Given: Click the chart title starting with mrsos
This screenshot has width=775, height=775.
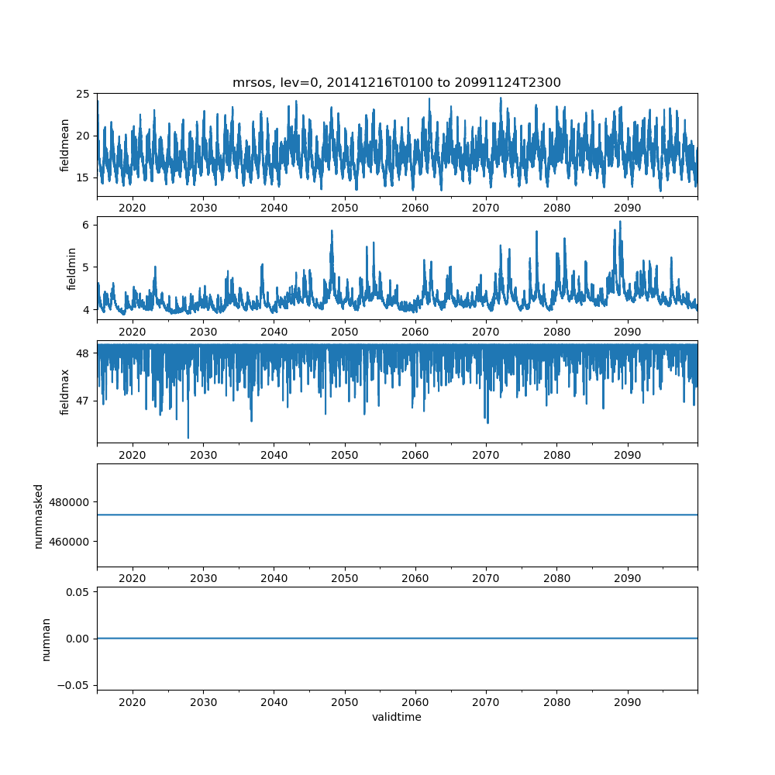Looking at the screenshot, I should pyautogui.click(x=396, y=82).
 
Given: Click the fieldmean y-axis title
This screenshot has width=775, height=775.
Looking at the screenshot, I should pyautogui.click(x=65, y=145).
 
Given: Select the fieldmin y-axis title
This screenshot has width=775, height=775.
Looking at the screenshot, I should pyautogui.click(x=71, y=268).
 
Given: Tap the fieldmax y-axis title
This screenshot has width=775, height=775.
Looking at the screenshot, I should pyautogui.click(x=65, y=391).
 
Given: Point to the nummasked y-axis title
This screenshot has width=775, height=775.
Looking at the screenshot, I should pyautogui.click(x=38, y=515).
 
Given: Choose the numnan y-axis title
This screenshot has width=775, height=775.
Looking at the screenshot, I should pyautogui.click(x=46, y=639).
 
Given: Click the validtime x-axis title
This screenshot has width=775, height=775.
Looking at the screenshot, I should pyautogui.click(x=396, y=717).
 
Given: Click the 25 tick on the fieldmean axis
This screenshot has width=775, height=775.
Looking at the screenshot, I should pyautogui.click(x=82, y=94).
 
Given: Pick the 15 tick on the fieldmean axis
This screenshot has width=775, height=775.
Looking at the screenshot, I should pyautogui.click(x=82, y=177).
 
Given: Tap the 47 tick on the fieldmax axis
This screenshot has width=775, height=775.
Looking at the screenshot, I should pyautogui.click(x=82, y=401).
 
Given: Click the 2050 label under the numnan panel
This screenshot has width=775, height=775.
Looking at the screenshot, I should pyautogui.click(x=345, y=702).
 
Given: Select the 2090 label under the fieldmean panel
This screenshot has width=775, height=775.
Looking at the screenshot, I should pyautogui.click(x=627, y=208).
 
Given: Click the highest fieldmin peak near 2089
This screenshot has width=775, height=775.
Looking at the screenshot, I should pyautogui.click(x=620, y=222).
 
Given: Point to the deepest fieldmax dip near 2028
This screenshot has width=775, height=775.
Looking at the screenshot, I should pyautogui.click(x=188, y=438).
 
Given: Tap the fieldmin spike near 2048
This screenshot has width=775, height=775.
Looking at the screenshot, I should pyautogui.click(x=332, y=231).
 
